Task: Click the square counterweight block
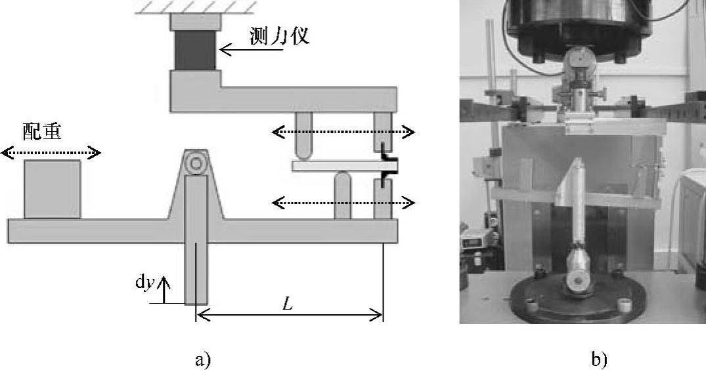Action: (x=53, y=189)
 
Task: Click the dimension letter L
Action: (x=286, y=304)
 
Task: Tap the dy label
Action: (x=144, y=281)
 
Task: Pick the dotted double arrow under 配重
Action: (x=51, y=154)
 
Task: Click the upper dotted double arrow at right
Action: (x=343, y=133)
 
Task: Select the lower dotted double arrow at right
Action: (x=343, y=203)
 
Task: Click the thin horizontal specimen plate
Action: (x=335, y=167)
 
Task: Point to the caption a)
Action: (x=202, y=360)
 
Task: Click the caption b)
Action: (x=599, y=360)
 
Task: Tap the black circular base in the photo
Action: (x=578, y=295)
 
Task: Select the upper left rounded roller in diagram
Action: (x=303, y=135)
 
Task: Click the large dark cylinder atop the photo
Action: (x=578, y=26)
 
